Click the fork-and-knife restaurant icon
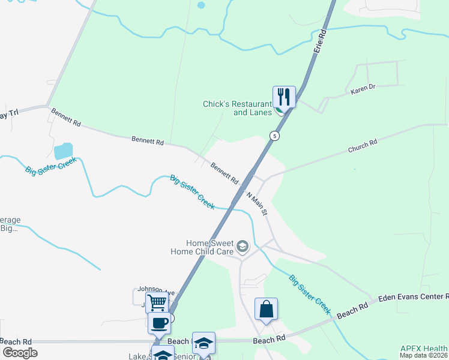click(x=284, y=97)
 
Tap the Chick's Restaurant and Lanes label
click(x=240, y=108)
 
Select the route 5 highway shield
click(x=274, y=135)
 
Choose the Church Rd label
click(x=362, y=146)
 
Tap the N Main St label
click(x=256, y=203)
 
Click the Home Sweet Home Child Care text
click(x=209, y=247)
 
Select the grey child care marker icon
click(x=242, y=247)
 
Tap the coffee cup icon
click(x=159, y=323)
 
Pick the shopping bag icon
click(x=266, y=310)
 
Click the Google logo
click(x=19, y=353)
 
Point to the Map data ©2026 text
click(x=423, y=355)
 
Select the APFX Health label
click(x=423, y=349)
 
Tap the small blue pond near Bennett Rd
click(x=63, y=151)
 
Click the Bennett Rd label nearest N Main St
click(x=224, y=172)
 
